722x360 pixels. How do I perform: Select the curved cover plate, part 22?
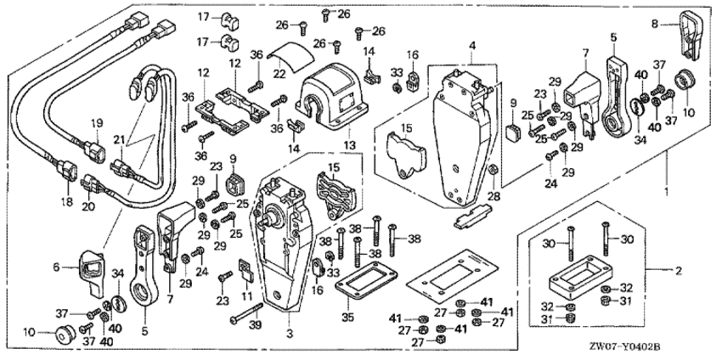pyautogui.click(x=287, y=61)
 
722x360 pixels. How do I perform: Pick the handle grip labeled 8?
pyautogui.click(x=691, y=32)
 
